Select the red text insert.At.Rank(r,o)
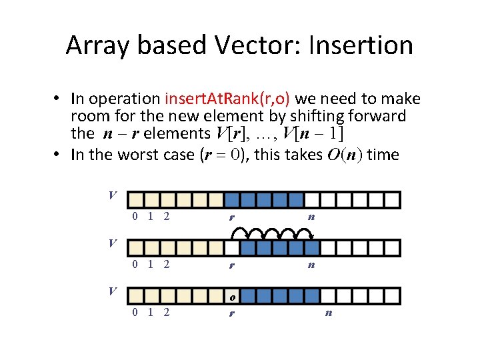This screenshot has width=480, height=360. click(x=227, y=99)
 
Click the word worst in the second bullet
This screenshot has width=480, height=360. click(x=153, y=155)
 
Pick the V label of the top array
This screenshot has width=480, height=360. click(x=113, y=195)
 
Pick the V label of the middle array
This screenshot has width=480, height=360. click(x=113, y=243)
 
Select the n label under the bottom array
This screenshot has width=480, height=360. click(x=328, y=312)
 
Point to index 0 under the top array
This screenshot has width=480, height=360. click(x=135, y=216)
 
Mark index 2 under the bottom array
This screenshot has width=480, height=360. click(x=167, y=312)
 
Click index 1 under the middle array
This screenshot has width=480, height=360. click(x=151, y=264)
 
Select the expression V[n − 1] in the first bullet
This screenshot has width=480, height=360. click(x=313, y=133)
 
